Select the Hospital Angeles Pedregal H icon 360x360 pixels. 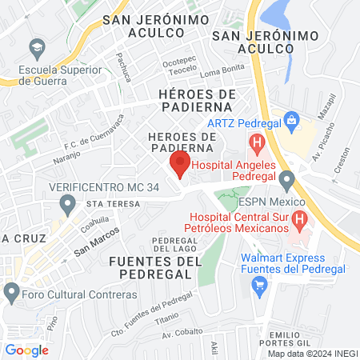click(x=256, y=145)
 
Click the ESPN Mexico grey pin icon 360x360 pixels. click(x=287, y=178)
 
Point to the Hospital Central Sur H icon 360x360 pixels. click(x=298, y=218)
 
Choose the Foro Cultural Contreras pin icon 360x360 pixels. click(x=11, y=294)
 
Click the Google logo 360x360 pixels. click(x=26, y=350)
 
